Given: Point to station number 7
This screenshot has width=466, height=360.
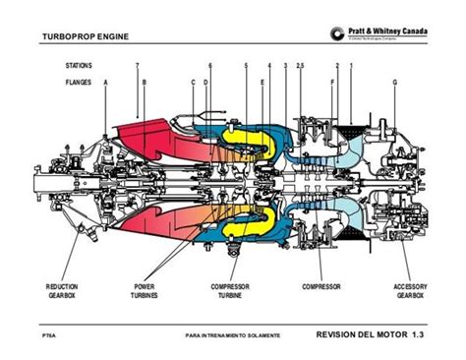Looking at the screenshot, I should pyautogui.click(x=138, y=65).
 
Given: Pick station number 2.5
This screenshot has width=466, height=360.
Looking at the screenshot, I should pyautogui.click(x=300, y=65).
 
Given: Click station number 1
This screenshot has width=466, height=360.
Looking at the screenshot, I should pyautogui.click(x=351, y=65).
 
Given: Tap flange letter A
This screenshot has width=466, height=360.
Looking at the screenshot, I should pyautogui.click(x=105, y=83).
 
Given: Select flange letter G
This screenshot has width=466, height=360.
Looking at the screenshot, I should pyautogui.click(x=395, y=83).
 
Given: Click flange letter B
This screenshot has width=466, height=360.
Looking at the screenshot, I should pyautogui.click(x=145, y=83).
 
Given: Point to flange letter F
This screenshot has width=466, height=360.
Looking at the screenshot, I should pyautogui.click(x=334, y=83).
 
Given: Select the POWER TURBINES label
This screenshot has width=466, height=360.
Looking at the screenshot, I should pyautogui.click(x=145, y=291).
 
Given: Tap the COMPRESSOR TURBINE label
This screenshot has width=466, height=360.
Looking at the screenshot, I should pyautogui.click(x=234, y=291).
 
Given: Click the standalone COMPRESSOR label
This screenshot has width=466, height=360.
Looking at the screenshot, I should pyautogui.click(x=320, y=286).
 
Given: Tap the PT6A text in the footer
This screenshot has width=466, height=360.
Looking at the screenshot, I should pyautogui.click(x=48, y=337).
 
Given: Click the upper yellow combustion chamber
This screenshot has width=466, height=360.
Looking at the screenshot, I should pyautogui.click(x=241, y=137).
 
